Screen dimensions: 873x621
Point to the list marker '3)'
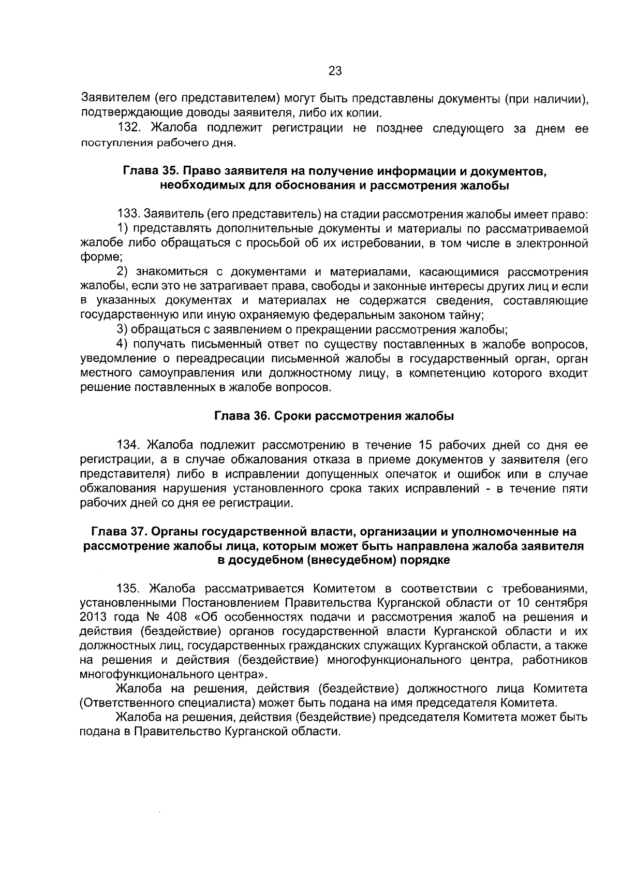pyautogui.click(x=122, y=329)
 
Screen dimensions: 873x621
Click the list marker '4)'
pyautogui.click(x=122, y=344)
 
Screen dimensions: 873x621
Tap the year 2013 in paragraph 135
pyautogui.click(x=93, y=617)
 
